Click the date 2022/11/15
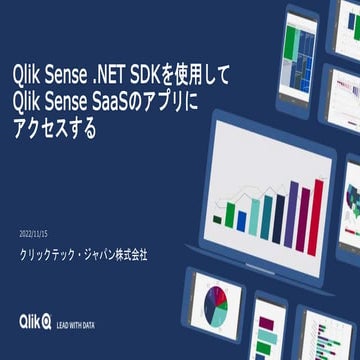pyautogui.click(x=39, y=233)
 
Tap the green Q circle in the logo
pyautogui.click(x=46, y=321)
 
